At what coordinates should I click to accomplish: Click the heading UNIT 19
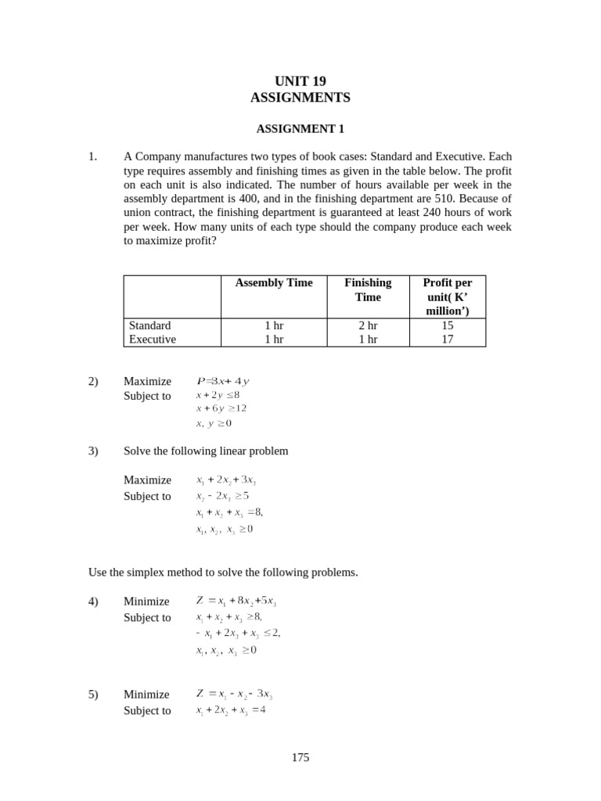pos(300,81)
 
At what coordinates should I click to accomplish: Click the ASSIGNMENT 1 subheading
pos(300,129)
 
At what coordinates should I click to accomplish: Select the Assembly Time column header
pos(274,283)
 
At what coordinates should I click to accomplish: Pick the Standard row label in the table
pos(149,325)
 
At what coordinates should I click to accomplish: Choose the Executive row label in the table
pos(153,339)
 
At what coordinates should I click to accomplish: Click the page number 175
pos(300,757)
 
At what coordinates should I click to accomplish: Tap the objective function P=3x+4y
pos(222,382)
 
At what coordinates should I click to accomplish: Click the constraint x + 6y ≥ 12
pos(221,408)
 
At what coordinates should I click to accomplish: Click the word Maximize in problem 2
pos(147,382)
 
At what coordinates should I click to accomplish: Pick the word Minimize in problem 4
pos(146,602)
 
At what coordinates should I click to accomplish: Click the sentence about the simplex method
pos(223,573)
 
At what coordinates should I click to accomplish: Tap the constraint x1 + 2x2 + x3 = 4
pos(231,711)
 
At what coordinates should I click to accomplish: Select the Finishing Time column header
pos(367,289)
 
